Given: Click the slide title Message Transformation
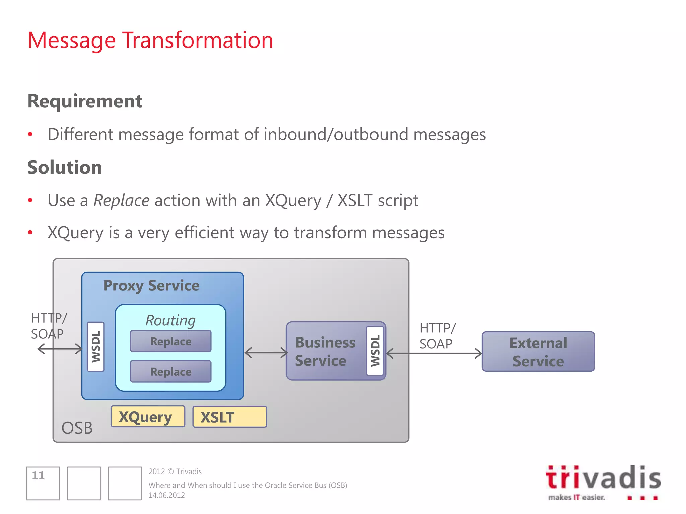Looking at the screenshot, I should pyautogui.click(x=150, y=40).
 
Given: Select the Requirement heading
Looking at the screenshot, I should pyautogui.click(x=85, y=101).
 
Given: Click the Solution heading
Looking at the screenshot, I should pyautogui.click(x=65, y=167).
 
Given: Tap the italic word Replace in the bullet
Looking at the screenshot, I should pyautogui.click(x=121, y=201).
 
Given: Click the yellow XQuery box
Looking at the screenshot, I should pyautogui.click(x=148, y=417).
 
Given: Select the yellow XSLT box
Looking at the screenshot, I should pyautogui.click(x=229, y=417).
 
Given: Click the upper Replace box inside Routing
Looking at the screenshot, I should pyautogui.click(x=170, y=341).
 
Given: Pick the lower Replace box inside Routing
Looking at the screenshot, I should pyautogui.click(x=170, y=372).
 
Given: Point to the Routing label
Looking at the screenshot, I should pyautogui.click(x=170, y=320).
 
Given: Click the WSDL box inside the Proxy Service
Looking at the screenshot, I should pyautogui.click(x=95, y=347).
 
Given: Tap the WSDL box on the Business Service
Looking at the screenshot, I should pyautogui.click(x=375, y=351).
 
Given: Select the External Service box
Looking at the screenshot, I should pyautogui.click(x=538, y=352).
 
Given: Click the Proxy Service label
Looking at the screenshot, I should pyautogui.click(x=151, y=286).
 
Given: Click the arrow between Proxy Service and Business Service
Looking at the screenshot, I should pyautogui.click(x=266, y=353).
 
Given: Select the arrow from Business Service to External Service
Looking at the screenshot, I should pyautogui.click(x=434, y=353).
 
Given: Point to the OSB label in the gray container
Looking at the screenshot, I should pyautogui.click(x=77, y=428).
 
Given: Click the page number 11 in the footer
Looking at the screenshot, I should pyautogui.click(x=38, y=476).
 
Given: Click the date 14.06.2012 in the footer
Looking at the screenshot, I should pyautogui.click(x=166, y=495).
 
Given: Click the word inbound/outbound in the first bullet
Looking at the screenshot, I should pyautogui.click(x=336, y=135).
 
